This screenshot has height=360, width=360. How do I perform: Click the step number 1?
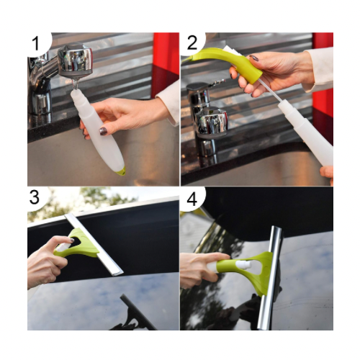(35, 43)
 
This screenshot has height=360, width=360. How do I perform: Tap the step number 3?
(34, 197)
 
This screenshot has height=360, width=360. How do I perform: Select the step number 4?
(192, 199)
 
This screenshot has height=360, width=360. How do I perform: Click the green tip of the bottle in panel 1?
(121, 171)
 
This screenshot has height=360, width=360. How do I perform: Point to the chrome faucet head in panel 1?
(75, 60)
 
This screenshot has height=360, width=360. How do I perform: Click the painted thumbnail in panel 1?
(104, 131)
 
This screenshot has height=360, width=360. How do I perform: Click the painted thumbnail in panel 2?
(253, 58)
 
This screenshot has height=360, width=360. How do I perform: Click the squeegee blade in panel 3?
(94, 244)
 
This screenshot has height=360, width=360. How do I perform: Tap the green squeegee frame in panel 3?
(78, 243)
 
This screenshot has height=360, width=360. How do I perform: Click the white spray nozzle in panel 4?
(243, 264)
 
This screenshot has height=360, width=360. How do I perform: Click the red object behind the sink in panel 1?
(165, 65)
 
